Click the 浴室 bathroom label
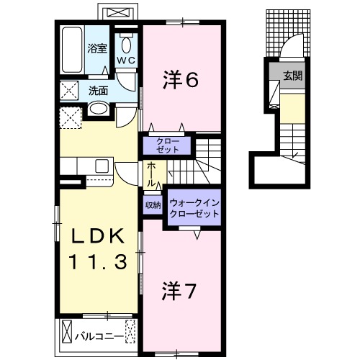[x=97, y=49]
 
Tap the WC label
[x=126, y=60]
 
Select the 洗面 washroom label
[x=99, y=91]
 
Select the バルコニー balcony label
[x=96, y=335]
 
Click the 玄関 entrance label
[x=292, y=74]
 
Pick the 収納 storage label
[x=153, y=204]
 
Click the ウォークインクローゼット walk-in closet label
[x=192, y=210]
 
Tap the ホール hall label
[x=152, y=174]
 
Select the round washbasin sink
[x=99, y=110]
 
